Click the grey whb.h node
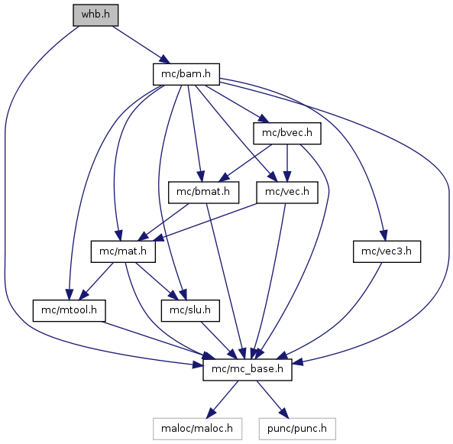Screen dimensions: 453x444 coord(95,15)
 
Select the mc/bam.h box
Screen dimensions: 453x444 coord(186,74)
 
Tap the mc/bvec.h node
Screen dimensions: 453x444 coord(287,133)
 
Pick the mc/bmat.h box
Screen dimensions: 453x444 coord(204,193)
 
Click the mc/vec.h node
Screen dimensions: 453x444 coord(287,193)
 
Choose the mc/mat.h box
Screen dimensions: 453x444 coord(123,251)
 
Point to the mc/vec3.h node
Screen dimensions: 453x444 coord(387,251)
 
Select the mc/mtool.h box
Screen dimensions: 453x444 coord(69,310)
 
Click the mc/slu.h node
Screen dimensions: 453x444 coord(190,310)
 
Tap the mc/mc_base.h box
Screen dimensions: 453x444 coord(248,370)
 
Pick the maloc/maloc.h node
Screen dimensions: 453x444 coord(197,429)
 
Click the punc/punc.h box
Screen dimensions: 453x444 coord(297,429)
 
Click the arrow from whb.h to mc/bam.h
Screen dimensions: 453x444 coord(141,45)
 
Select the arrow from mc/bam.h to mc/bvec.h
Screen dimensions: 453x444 coord(237,104)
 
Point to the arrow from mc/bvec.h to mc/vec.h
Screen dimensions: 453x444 coord(287,163)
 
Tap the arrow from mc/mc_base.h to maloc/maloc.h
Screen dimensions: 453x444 coord(223,399)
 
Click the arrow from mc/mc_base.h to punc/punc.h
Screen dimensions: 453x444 coord(273,399)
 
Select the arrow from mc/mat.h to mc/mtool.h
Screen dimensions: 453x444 coord(96,281)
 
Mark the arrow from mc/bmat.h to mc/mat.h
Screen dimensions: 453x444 coord(163,222)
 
